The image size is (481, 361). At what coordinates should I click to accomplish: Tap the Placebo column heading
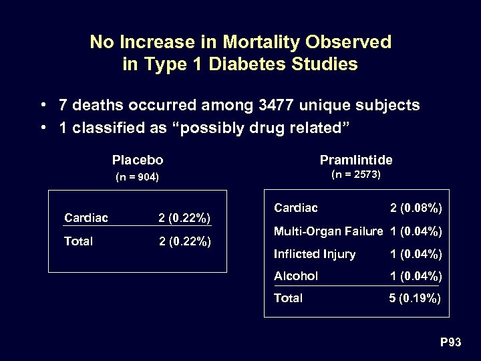[138, 160]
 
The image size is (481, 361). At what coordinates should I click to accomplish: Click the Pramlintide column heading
[356, 160]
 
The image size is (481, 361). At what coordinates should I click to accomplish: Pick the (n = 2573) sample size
[356, 175]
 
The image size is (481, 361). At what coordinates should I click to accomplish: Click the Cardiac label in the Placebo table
[86, 217]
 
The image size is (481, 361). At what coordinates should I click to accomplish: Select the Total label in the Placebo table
[78, 241]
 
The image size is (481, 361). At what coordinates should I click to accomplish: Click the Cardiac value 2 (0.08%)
[416, 209]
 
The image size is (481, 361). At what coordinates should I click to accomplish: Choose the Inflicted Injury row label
[315, 254]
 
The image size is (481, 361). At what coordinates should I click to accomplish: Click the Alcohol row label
[296, 276]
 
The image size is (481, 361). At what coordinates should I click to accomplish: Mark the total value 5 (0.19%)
[415, 299]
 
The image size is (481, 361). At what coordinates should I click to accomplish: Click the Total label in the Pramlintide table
[288, 298]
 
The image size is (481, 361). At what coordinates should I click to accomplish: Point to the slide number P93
[450, 343]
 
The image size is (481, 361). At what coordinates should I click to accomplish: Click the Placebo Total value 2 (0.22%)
[184, 241]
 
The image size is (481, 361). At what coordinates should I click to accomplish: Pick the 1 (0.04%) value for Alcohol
[416, 276]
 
